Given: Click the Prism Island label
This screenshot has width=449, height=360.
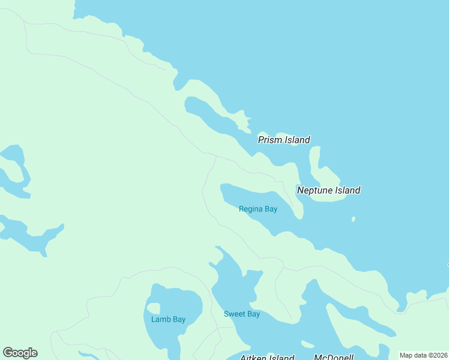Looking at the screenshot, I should point(284,140).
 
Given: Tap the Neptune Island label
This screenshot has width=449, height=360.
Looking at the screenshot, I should point(328,190).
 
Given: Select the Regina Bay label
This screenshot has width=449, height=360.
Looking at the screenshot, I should point(258,209).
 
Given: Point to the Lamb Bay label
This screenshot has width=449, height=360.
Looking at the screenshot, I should point(168,319).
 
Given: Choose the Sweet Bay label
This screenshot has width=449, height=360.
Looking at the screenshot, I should point(242,314).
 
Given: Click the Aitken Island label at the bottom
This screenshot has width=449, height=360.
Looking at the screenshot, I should point(267,358).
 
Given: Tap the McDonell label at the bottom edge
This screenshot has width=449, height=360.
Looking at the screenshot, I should point(334,358).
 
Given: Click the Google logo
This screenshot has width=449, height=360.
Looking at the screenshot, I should point(20,353).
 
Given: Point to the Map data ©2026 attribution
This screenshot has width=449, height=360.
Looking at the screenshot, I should point(424,355).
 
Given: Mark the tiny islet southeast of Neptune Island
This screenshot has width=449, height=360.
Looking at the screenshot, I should point(354,219).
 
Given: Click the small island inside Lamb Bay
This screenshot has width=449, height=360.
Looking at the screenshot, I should point(154,308).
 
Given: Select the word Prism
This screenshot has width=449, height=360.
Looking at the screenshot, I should point(270,140).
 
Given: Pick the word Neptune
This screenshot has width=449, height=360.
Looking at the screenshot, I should point(315,190).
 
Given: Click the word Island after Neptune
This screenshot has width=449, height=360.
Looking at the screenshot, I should point(348,190).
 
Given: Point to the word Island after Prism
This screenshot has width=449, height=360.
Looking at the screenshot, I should point(297,140).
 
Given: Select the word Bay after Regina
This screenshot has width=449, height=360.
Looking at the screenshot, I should point(271,209).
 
